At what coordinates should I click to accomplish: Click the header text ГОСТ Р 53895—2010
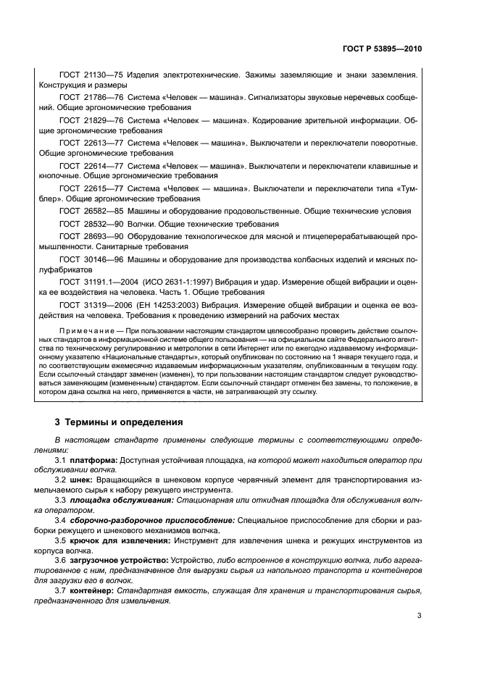(x=382, y=49)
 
